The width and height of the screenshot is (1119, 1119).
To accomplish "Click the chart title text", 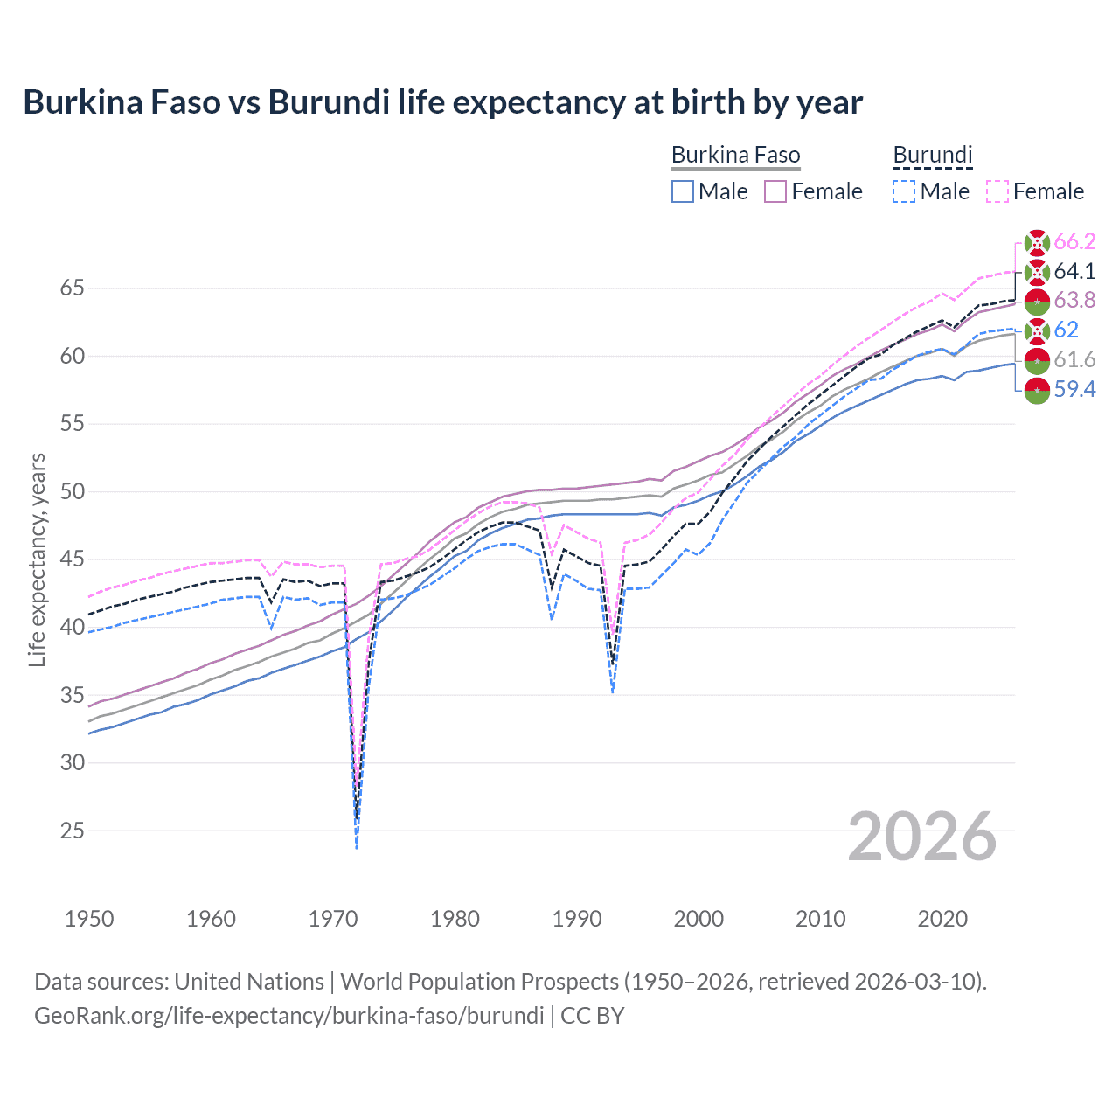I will point(442,102).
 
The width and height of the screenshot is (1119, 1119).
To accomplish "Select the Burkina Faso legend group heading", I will point(735,156).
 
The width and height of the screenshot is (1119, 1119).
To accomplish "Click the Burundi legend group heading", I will point(932,156).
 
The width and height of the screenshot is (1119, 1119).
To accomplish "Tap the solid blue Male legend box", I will point(683,191).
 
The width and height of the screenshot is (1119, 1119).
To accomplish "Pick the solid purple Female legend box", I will point(775,191).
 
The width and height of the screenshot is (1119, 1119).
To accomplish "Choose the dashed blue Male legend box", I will point(904,191).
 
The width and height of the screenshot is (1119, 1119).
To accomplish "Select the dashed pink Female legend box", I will point(997,191).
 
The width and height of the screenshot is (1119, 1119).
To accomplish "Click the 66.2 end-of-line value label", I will point(1074,242).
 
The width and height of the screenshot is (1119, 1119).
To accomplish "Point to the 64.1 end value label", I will point(1074,272).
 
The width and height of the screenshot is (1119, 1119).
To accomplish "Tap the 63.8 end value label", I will point(1074,301).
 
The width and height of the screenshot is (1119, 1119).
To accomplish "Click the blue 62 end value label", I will point(1066,330).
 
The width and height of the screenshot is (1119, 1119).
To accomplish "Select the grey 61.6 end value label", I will point(1074,359).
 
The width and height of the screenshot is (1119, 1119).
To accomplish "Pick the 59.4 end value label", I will point(1074,389).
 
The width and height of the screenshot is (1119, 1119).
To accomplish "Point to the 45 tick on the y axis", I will point(72,559).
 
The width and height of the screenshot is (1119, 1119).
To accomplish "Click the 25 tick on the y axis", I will point(72,831).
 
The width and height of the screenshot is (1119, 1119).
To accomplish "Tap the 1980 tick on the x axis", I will point(455,919).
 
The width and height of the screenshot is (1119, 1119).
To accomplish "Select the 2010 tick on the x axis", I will point(820,919).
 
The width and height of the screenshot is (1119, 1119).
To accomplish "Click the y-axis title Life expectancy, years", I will point(38,559).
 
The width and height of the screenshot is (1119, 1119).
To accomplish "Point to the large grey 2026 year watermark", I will point(921,837).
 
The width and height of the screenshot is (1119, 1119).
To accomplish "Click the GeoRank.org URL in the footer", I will point(288,1016).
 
